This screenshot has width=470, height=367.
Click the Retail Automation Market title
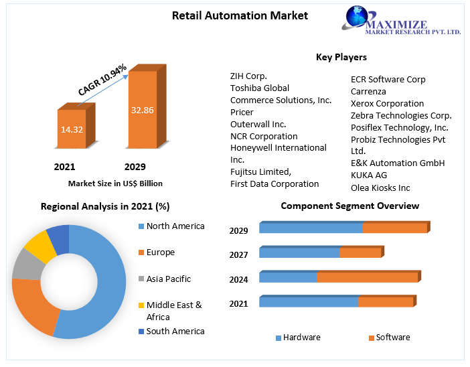coord(230,15)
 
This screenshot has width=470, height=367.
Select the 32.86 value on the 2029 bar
coord(142,110)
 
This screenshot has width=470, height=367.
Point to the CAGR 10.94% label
coord(102,81)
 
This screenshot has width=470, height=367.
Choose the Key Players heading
coord(341,58)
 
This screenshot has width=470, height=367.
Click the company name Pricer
coord(242,112)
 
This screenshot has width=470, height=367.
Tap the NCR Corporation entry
coord(263,136)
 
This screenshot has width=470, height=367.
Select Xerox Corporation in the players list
coord(387,103)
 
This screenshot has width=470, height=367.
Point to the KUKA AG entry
coord(368,175)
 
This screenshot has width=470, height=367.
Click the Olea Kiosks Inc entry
coord(380,188)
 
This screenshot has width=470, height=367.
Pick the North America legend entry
coord(175,226)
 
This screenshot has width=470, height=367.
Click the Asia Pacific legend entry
coord(168,279)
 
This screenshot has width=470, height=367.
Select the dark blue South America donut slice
coord(58,237)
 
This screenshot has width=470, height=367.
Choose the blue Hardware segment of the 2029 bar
coord(311,228)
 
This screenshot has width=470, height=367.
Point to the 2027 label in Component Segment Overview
coord(238,254)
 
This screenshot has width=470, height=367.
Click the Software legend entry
coord(392,338)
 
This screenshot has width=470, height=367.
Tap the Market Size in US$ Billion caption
coord(115,183)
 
